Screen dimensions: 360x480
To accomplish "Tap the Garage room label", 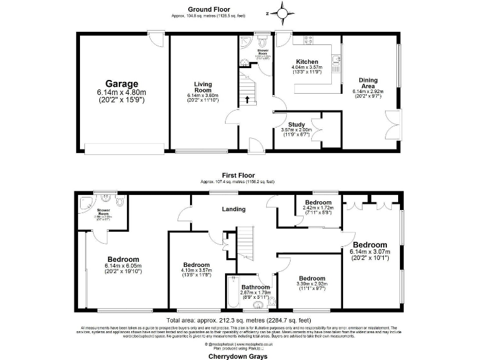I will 121,84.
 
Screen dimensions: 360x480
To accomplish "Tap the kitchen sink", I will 336,61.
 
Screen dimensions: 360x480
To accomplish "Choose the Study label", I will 296,124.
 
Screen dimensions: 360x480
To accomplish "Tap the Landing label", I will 233,209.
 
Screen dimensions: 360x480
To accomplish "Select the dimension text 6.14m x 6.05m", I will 123,266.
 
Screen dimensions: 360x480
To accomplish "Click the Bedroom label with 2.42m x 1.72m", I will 318,202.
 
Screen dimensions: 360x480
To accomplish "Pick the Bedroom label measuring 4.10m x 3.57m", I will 197,264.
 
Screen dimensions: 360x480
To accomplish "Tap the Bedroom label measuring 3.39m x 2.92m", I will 311,278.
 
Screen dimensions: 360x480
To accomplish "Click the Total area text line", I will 240,319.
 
